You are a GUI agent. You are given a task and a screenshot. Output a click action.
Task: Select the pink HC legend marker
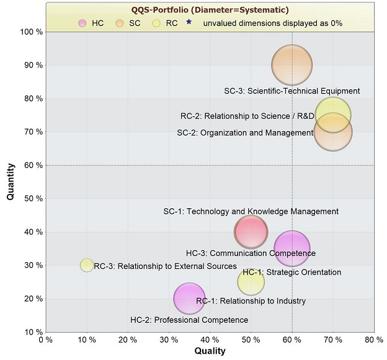pyautogui.click(x=82, y=23)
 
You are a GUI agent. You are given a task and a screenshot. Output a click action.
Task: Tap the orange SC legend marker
pyautogui.click(x=121, y=23)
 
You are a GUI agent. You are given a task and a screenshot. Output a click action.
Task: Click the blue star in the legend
pyautogui.click(x=189, y=22)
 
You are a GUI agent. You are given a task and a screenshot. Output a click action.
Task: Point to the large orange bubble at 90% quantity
pyautogui.click(x=291, y=65)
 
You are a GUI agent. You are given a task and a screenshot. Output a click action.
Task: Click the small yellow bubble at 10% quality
pyautogui.click(x=87, y=265)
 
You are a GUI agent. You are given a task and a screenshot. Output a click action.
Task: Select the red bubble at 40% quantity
pyautogui.click(x=251, y=232)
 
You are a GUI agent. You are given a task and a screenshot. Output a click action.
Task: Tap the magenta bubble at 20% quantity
pyautogui.click(x=189, y=299)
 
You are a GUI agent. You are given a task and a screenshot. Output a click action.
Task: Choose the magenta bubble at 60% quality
pyautogui.click(x=291, y=248)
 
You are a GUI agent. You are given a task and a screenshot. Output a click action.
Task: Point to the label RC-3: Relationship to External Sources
pyautogui.click(x=165, y=266)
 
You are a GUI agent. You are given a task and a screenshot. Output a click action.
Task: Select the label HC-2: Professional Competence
pyautogui.click(x=189, y=320)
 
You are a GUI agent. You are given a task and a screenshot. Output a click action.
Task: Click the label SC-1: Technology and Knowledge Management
pyautogui.click(x=251, y=211)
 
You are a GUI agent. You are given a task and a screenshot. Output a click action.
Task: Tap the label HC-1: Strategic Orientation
pyautogui.click(x=291, y=272)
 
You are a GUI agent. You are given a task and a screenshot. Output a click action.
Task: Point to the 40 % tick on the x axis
pyautogui.click(x=210, y=340)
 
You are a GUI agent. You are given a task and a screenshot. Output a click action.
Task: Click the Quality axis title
pyautogui.click(x=210, y=351)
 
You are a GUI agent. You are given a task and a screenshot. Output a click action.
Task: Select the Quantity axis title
pyautogui.click(x=11, y=181)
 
